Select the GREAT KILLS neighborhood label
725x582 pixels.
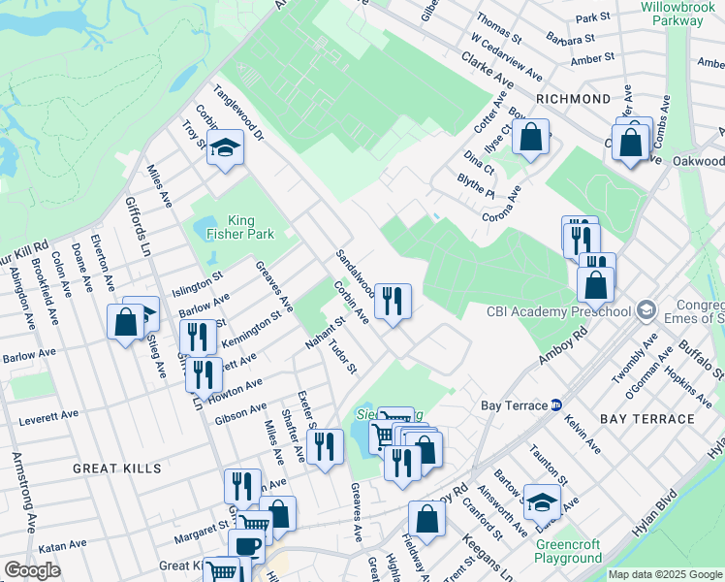[x=117, y=468]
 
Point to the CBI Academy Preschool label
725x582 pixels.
[x=559, y=312]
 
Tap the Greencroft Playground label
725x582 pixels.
[x=568, y=551]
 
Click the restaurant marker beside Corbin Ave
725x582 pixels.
[x=393, y=302]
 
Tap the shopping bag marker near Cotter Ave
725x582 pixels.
[x=530, y=138]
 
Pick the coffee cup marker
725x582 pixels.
[x=247, y=546]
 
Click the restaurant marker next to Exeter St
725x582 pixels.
[x=325, y=447]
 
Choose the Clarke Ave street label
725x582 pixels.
[x=489, y=72]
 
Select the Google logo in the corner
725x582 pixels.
[x=32, y=570]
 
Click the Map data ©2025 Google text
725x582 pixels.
[x=665, y=574]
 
